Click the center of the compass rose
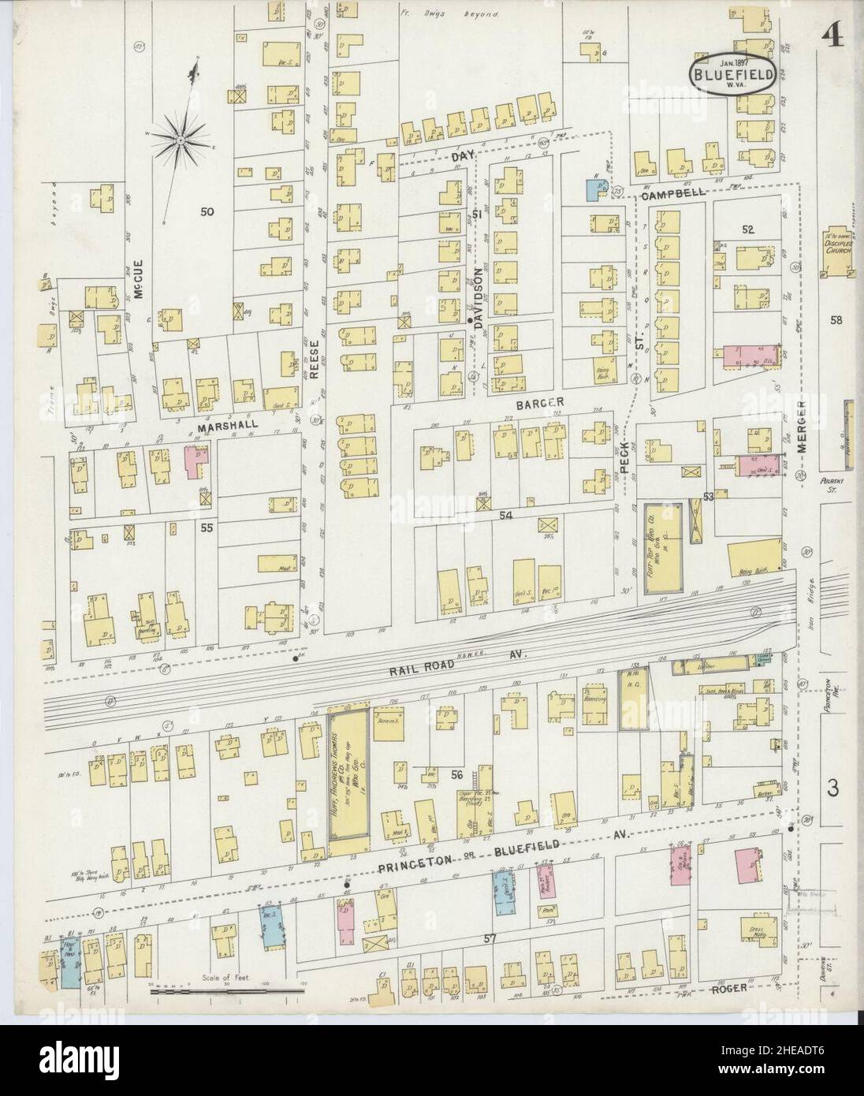pyautogui.click(x=181, y=140)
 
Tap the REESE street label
pyautogui.click(x=314, y=360)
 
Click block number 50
pyautogui.click(x=207, y=211)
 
